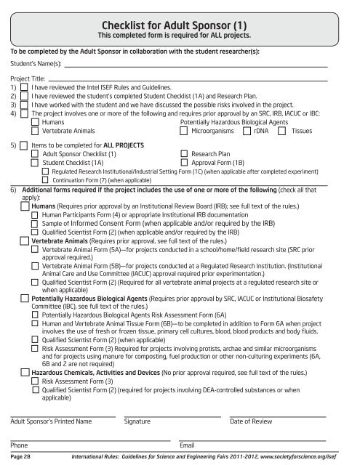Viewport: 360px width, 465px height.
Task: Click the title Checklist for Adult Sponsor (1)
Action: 179,23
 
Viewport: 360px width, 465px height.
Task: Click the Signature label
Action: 137,421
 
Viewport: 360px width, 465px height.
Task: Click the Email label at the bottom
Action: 187,444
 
